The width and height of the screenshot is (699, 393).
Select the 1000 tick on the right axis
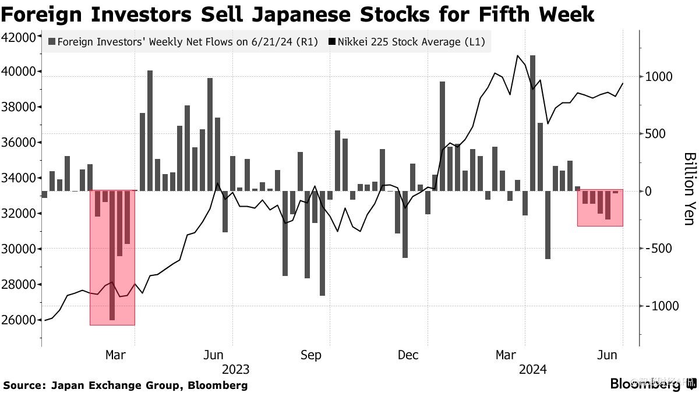click(658, 77)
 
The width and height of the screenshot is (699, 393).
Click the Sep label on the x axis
click(310, 356)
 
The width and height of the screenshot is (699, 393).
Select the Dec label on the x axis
click(408, 356)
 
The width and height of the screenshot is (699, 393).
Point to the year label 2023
click(235, 370)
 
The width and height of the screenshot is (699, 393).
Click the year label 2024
click(532, 370)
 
